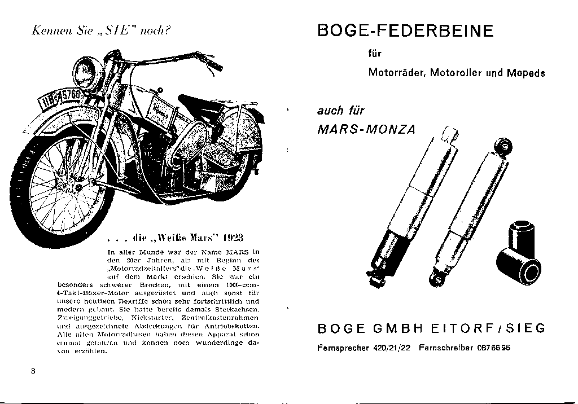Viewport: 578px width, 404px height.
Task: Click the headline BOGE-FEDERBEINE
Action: (405, 30)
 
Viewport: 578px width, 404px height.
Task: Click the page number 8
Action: (34, 371)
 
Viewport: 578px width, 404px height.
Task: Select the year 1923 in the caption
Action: (232, 235)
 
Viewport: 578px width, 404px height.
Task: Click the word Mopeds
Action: (526, 73)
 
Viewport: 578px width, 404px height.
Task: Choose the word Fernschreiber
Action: (445, 348)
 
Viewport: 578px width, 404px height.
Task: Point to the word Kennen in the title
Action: (49, 30)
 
